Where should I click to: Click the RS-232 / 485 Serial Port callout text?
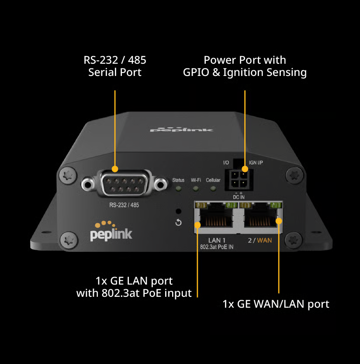tap(114, 66)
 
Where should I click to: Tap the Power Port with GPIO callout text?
tap(245, 66)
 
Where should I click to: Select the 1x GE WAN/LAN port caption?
tap(276, 304)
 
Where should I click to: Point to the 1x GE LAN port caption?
tap(134, 287)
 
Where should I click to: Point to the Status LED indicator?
tap(178, 189)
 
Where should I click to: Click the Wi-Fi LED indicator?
tap(196, 189)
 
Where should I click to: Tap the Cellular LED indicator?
tap(213, 189)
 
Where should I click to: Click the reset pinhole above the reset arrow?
tap(178, 211)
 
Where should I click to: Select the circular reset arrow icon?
tap(178, 223)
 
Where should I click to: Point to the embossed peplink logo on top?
tap(181, 129)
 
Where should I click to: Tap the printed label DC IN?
tap(239, 197)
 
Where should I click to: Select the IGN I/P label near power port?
tap(256, 163)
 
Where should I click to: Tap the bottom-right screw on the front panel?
tap(293, 240)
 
